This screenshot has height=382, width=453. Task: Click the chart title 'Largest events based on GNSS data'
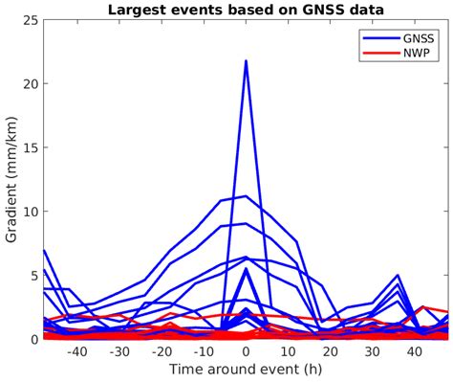[246, 10]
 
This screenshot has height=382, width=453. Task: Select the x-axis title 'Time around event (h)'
[246, 369]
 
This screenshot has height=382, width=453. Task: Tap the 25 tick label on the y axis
[32, 20]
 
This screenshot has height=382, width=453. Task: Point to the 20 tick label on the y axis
[32, 84]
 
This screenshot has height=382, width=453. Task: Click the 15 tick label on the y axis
[32, 147]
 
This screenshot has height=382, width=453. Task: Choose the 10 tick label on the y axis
[32, 212]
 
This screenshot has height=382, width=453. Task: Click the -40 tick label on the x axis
[77, 351]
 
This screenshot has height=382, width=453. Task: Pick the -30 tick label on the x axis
[119, 351]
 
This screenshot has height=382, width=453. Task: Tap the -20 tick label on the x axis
[162, 351]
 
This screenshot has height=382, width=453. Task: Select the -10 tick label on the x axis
[204, 351]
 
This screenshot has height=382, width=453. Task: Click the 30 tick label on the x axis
[373, 351]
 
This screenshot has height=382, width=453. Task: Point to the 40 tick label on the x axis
[415, 351]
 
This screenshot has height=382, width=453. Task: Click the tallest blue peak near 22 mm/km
[246, 61]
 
